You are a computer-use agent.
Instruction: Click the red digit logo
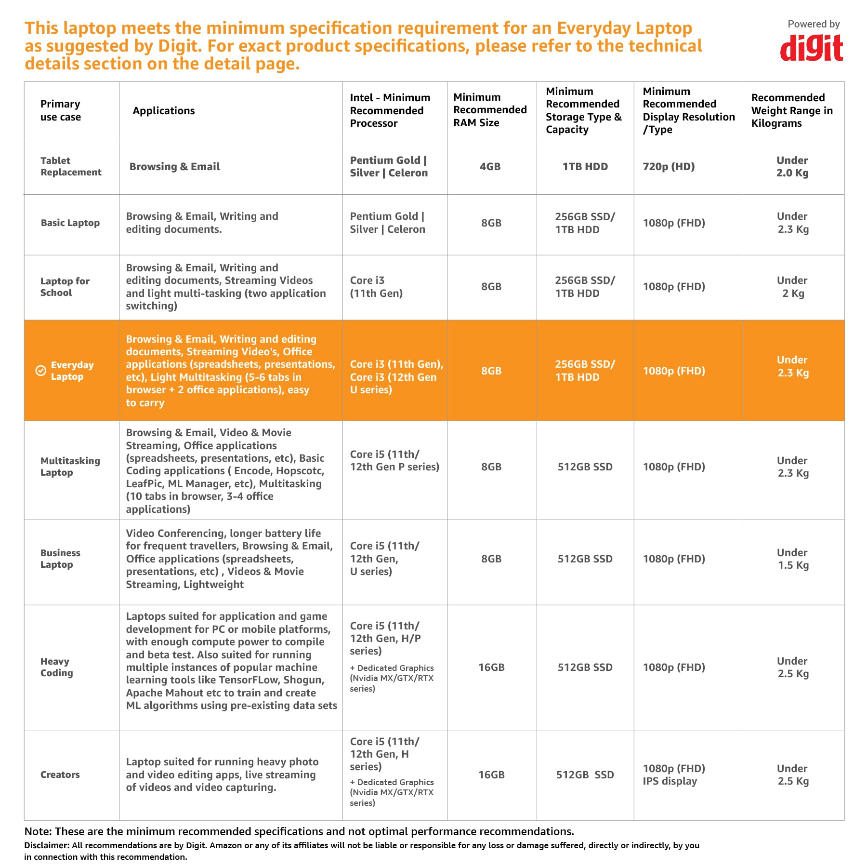coord(811,49)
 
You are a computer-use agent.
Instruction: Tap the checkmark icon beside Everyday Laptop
coord(41,371)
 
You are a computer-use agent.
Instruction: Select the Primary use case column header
coord(60,111)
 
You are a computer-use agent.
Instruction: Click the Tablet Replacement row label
coord(71,166)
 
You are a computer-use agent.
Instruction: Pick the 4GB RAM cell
coord(490,167)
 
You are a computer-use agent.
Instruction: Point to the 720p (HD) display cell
coord(669,167)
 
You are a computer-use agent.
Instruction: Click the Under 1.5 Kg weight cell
coord(793,559)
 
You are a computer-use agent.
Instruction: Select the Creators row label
coord(60,775)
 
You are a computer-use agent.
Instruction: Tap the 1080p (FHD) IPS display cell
coord(673,775)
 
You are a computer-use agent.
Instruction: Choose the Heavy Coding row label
coord(56,667)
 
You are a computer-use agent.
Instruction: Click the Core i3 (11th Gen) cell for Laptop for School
coord(376,287)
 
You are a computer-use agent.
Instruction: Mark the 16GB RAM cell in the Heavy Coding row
coord(491,668)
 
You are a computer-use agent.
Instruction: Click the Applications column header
coord(164,111)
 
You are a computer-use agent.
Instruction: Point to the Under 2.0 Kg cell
coord(792,167)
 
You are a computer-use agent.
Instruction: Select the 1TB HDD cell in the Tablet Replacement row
coord(585,167)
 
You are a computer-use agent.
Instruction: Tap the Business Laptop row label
coord(60,559)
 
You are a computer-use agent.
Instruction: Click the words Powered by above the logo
coord(814,24)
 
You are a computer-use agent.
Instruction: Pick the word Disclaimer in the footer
coord(47,845)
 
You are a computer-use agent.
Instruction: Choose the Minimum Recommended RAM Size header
coord(490,110)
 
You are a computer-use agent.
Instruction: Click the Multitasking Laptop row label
coord(70,467)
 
